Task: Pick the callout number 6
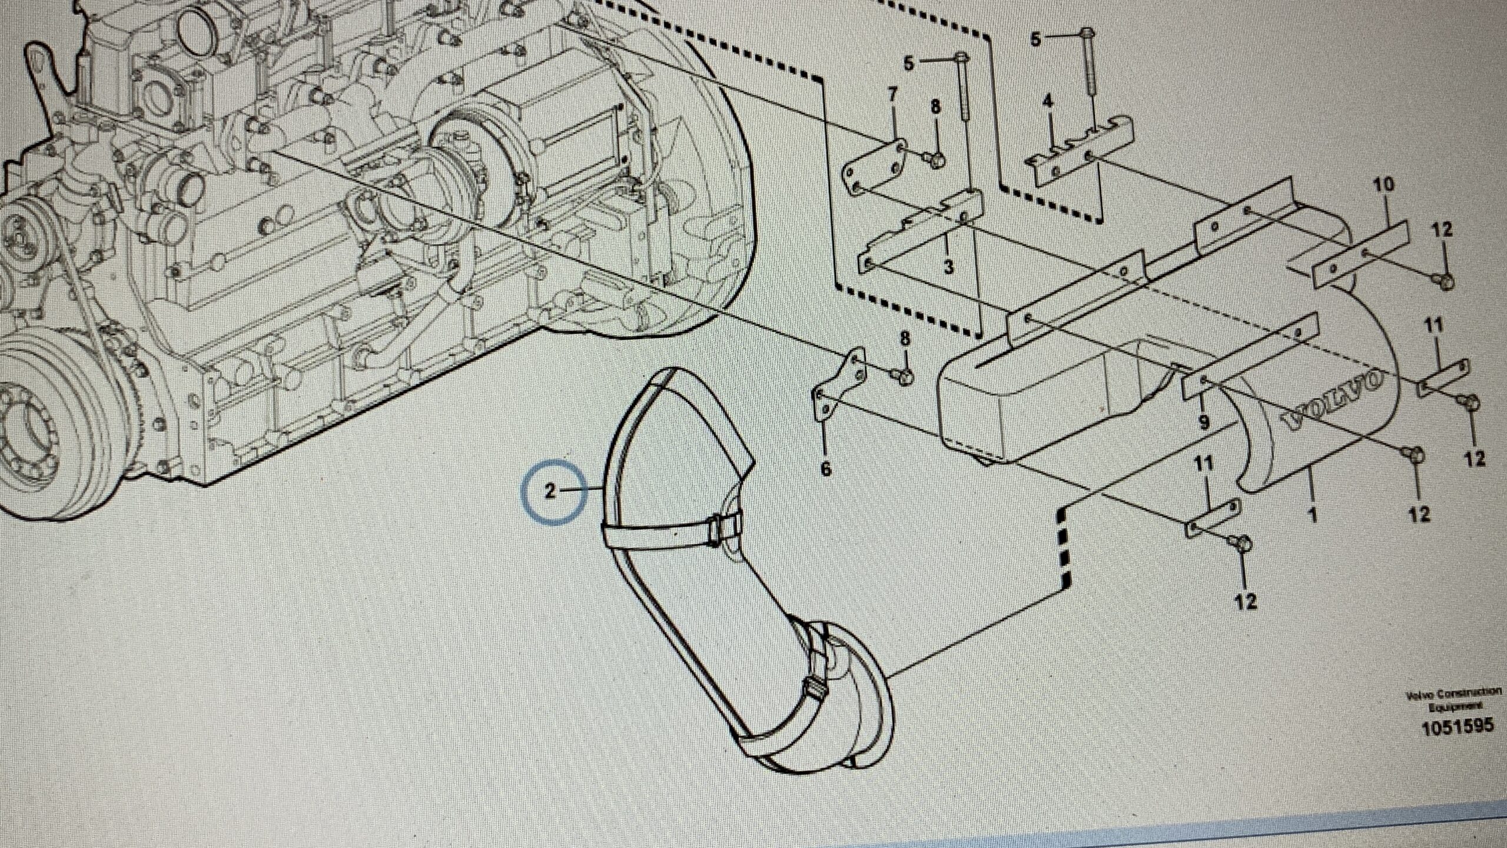pos(826,469)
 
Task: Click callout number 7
pos(892,95)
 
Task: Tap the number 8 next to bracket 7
pos(936,107)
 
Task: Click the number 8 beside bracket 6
pos(904,339)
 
